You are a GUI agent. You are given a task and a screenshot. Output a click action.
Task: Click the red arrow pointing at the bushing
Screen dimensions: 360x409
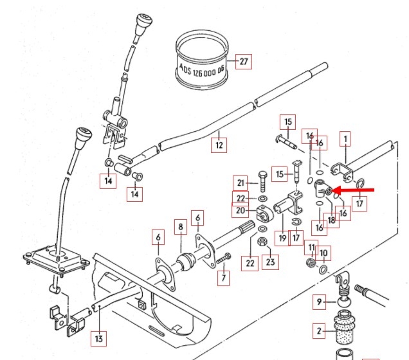click(356, 191)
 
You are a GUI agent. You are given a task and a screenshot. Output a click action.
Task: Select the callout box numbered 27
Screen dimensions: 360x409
click(243, 62)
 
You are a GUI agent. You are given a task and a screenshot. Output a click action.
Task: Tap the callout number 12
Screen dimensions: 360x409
click(219, 145)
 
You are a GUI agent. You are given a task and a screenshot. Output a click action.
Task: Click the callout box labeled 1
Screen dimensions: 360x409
click(346, 138)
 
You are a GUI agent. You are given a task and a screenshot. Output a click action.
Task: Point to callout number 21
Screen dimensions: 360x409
click(241, 183)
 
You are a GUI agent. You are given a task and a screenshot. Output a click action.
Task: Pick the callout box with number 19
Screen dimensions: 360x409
click(282, 238)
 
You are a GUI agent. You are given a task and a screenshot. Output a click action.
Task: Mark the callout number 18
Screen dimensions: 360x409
click(332, 219)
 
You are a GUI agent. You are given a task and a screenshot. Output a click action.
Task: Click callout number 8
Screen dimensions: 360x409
click(181, 227)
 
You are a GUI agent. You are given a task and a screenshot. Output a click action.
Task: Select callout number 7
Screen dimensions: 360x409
click(224, 278)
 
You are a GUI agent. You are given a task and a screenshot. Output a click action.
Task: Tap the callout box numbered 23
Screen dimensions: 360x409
click(271, 262)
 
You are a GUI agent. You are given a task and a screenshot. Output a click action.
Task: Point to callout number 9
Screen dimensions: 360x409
click(320, 301)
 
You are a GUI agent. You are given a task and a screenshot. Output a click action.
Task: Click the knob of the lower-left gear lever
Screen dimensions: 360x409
click(83, 137)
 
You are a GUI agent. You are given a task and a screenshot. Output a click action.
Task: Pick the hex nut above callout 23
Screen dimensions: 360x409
click(262, 242)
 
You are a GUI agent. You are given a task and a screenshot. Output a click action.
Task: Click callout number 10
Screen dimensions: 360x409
click(323, 253)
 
